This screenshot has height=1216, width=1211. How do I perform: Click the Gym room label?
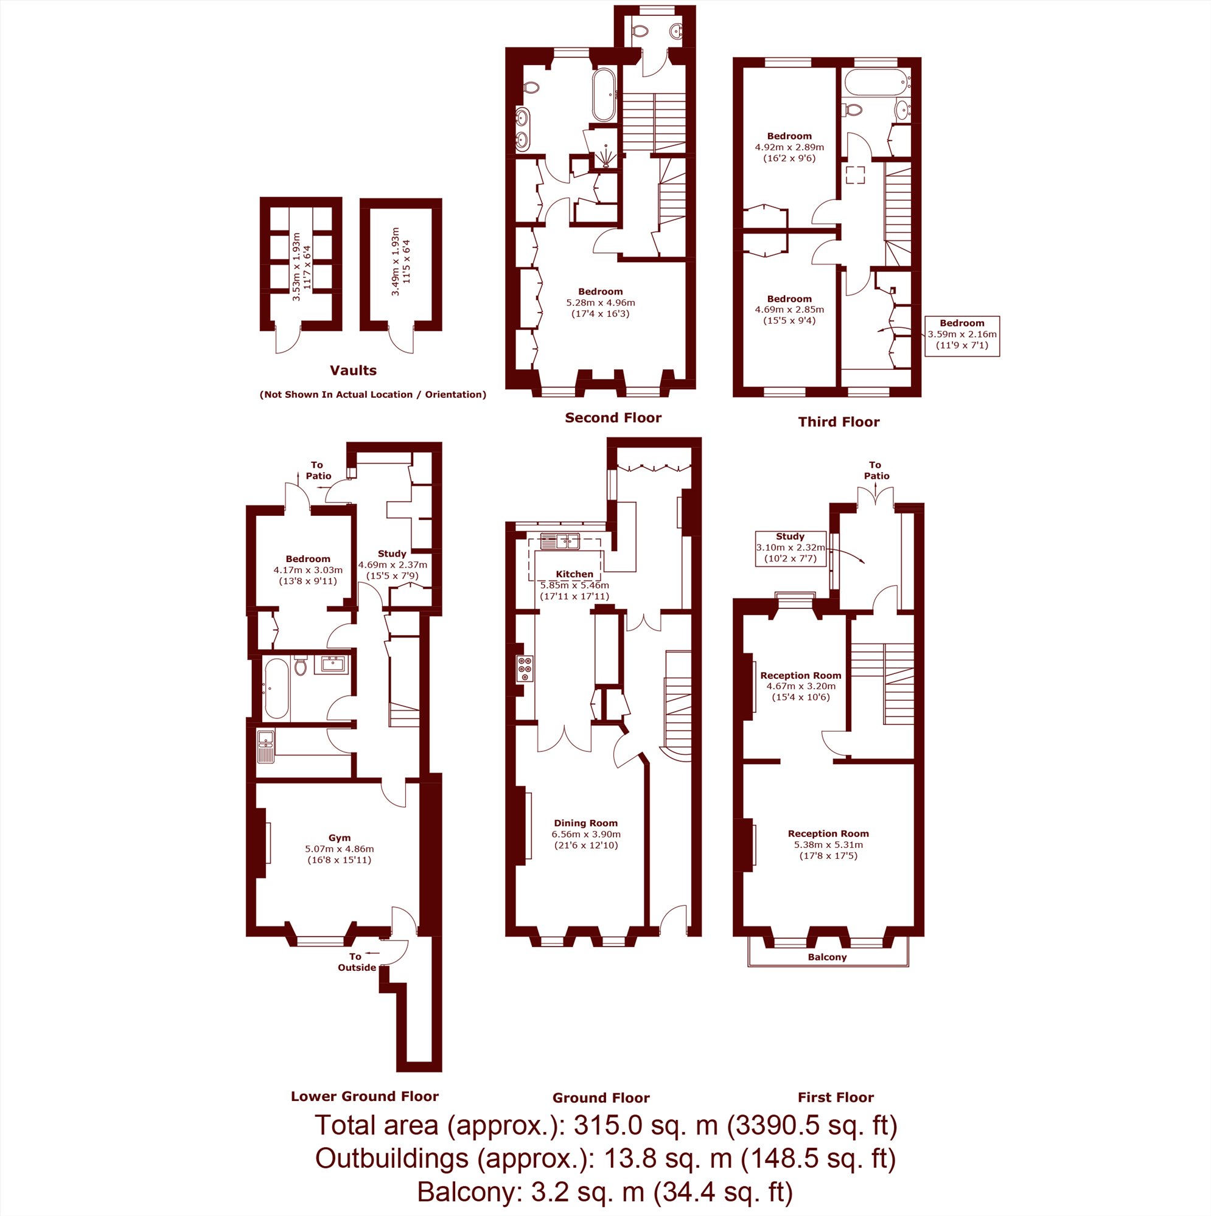[x=340, y=838]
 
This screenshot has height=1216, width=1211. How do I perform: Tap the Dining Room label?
[x=585, y=822]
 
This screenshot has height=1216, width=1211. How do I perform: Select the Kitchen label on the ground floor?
[x=574, y=574]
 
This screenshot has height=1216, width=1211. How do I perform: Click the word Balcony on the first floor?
[x=827, y=957]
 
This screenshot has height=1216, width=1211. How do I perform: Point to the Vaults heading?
[x=354, y=370]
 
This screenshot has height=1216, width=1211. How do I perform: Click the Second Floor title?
[x=613, y=417]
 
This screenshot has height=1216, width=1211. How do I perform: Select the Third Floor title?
[x=839, y=422]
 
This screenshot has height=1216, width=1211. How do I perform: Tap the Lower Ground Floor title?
[x=365, y=1096]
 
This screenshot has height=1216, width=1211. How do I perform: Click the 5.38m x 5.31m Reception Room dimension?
[x=828, y=845]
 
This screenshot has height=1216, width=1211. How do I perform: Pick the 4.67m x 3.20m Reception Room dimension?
[x=800, y=686]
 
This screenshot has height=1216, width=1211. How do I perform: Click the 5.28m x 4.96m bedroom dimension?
[x=600, y=302]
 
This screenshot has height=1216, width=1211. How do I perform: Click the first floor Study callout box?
[x=790, y=547]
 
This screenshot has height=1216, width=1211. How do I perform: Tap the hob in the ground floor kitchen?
[x=525, y=669]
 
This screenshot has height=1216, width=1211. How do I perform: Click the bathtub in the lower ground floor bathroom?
[x=276, y=688]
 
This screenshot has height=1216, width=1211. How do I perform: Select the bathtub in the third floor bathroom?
[x=876, y=83]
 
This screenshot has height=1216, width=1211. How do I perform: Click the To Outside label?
[x=357, y=962]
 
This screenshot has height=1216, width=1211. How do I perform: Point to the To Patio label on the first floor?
[x=876, y=470]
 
